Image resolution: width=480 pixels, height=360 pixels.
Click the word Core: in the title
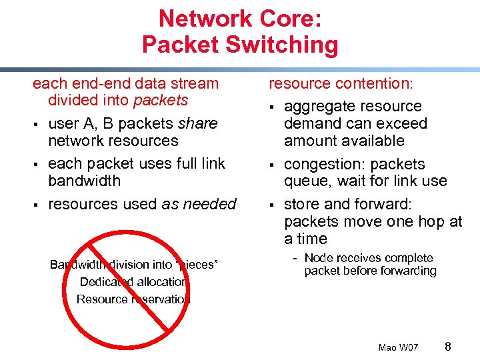tap(291, 18)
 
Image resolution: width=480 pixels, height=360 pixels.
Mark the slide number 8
tap(447, 346)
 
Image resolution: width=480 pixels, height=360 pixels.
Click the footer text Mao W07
tap(398, 347)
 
